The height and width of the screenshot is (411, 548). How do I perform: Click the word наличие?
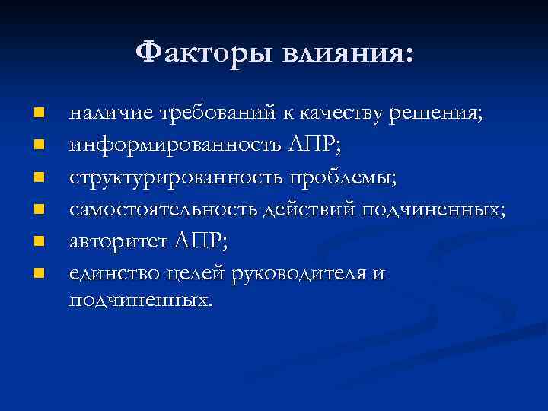110,113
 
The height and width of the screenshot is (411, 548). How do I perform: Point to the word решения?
435,113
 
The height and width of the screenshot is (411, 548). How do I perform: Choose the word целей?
205,273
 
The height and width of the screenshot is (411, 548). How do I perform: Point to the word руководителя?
305,273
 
